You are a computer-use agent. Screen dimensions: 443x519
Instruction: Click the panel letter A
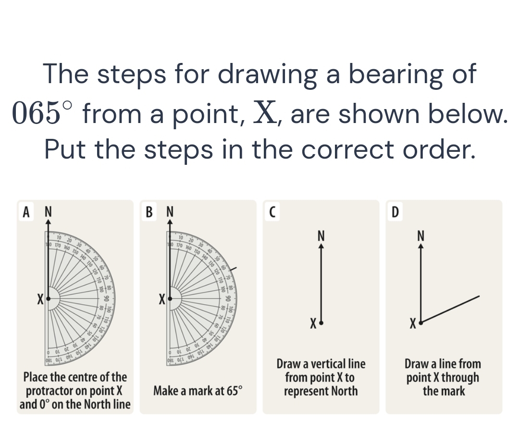[x=27, y=211]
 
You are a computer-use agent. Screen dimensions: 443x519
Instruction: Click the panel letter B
[x=150, y=211]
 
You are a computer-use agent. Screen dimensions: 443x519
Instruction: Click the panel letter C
[x=272, y=211]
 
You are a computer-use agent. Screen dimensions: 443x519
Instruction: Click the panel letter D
[x=395, y=211]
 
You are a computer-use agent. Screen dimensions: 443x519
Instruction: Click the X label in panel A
[x=41, y=300]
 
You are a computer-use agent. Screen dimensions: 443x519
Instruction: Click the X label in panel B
[x=162, y=300]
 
